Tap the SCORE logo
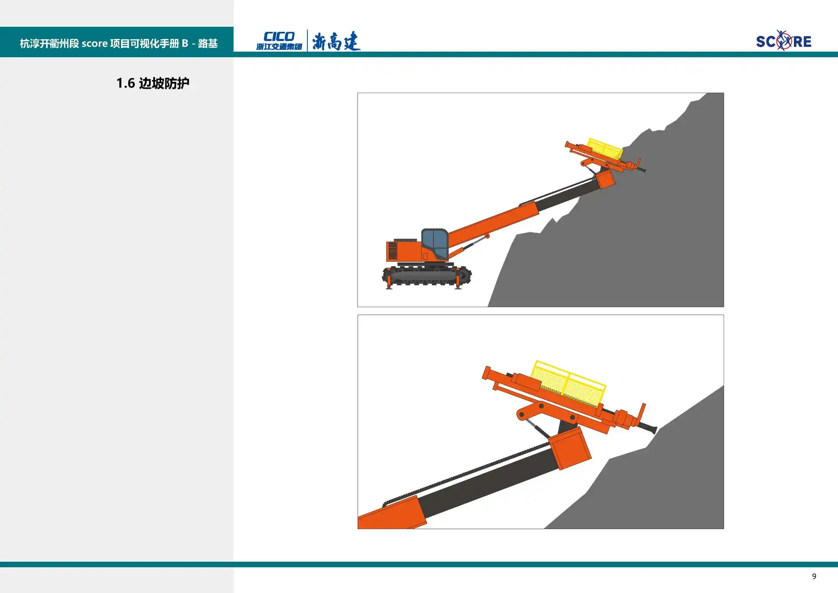pos(783,41)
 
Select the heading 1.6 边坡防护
pos(153,83)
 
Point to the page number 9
pos(814,576)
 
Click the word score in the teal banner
pos(94,44)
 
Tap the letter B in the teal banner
pos(185,43)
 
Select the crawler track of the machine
pos(427,275)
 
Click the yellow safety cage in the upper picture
pos(605,149)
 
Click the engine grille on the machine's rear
pos(393,251)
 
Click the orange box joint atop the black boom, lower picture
pos(570,448)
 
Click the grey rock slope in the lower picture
pos(655,481)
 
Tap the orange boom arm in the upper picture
pos(493,223)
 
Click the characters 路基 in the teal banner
pos(208,43)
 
